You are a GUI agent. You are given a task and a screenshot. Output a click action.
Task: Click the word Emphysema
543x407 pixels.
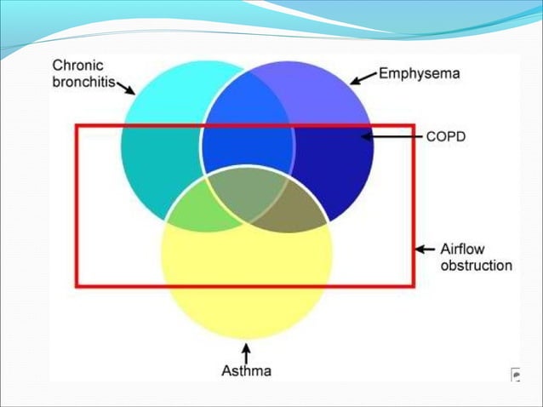click(x=419, y=73)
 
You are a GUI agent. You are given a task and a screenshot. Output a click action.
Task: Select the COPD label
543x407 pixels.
click(x=446, y=135)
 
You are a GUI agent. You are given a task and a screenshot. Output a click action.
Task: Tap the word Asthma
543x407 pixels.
click(x=247, y=370)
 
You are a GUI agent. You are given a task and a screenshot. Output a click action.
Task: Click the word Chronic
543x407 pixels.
click(x=79, y=65)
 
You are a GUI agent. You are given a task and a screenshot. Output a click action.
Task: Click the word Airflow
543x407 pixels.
click(x=464, y=249)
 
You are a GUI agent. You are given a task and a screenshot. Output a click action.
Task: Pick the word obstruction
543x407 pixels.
click(x=476, y=265)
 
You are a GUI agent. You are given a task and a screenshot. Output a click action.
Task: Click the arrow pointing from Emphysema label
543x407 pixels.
click(x=363, y=78)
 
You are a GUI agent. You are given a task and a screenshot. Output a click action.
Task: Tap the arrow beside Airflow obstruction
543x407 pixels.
click(x=425, y=249)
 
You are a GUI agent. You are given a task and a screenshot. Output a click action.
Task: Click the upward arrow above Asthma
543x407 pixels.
click(x=247, y=351)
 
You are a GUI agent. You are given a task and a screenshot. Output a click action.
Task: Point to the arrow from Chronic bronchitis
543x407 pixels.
click(x=126, y=87)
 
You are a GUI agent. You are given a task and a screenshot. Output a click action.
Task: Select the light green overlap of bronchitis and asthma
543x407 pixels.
click(x=198, y=211)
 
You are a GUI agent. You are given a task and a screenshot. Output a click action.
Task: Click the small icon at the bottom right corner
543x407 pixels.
click(x=514, y=374)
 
